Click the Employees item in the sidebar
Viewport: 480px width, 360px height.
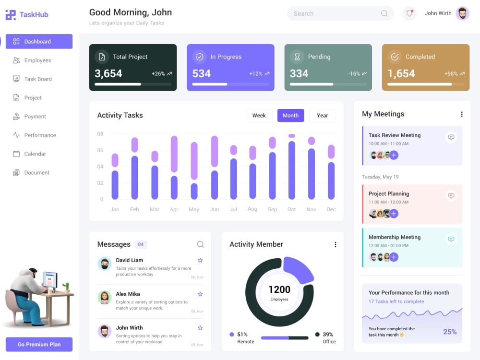pyautogui.click(x=32, y=60)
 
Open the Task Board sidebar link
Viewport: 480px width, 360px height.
pyautogui.click(x=32, y=79)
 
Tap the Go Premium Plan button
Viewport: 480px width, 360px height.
pyautogui.click(x=39, y=344)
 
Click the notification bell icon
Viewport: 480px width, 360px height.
pyautogui.click(x=409, y=13)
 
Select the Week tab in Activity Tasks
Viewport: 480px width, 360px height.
pyautogui.click(x=259, y=115)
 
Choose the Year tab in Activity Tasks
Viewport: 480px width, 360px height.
pyautogui.click(x=323, y=115)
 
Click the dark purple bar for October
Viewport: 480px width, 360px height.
pyautogui.click(x=292, y=170)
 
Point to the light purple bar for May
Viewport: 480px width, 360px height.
pyautogui.click(x=194, y=161)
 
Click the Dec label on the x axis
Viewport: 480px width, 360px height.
pyautogui.click(x=331, y=209)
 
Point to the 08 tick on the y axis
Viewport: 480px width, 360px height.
pyautogui.click(x=100, y=134)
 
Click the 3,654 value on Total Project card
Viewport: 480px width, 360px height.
pyautogui.click(x=108, y=73)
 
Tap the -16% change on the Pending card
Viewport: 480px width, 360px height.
pyautogui.click(x=354, y=74)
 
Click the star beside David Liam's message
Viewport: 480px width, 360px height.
pyautogui.click(x=200, y=260)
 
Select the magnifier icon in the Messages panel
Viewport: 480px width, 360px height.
pyautogui.click(x=201, y=244)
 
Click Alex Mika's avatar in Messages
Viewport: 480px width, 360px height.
pyautogui.click(x=104, y=297)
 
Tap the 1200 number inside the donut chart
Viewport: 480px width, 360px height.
pyautogui.click(x=279, y=289)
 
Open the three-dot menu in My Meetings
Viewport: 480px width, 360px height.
pyautogui.click(x=462, y=114)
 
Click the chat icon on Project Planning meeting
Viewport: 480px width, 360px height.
pyautogui.click(x=451, y=195)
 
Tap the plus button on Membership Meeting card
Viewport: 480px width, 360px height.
pyautogui.click(x=394, y=257)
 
